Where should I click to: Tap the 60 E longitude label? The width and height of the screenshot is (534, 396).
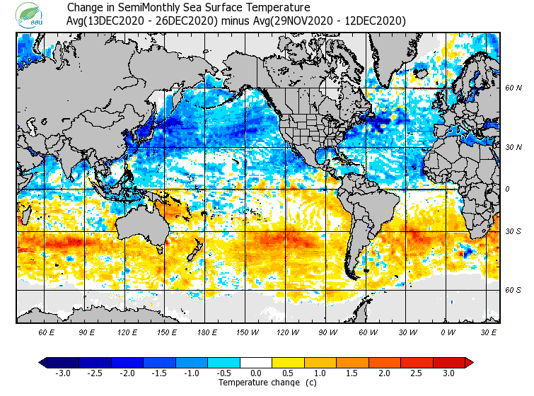coord(47,332)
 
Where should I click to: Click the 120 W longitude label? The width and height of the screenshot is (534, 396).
coord(287,332)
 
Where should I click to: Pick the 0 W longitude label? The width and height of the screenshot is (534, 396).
coord(447,332)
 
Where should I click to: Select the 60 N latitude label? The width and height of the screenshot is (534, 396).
coord(513,88)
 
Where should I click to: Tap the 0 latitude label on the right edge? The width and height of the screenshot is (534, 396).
coord(507,189)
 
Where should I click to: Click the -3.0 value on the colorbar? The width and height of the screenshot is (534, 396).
coord(62,373)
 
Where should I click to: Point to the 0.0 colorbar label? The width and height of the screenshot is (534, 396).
coord(256,373)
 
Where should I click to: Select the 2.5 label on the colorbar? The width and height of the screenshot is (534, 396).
coord(417,373)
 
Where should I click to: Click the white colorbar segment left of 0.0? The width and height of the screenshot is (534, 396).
coord(240,362)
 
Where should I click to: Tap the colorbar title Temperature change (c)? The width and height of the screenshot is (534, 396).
coord(257,383)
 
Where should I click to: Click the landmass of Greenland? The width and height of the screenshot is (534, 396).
coord(396,60)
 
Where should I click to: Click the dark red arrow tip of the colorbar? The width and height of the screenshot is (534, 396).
coord(469,362)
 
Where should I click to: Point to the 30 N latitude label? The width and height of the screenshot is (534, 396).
coord(513,147)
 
